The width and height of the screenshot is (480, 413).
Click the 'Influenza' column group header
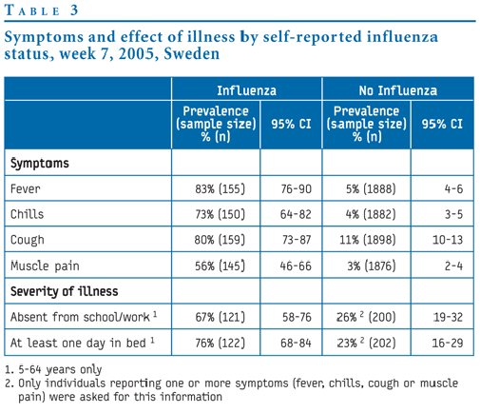[246, 90]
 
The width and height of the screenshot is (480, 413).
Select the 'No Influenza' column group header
[398, 90]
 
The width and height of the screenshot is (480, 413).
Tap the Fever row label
[26, 189]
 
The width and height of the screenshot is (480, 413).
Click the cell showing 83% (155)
[220, 189]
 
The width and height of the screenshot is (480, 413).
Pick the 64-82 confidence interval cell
[296, 214]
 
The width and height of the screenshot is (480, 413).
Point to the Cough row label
[28, 240]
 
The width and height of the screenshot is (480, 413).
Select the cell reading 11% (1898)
[368, 240]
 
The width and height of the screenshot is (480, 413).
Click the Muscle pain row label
[45, 265]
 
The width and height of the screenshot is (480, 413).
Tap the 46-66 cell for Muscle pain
[296, 265]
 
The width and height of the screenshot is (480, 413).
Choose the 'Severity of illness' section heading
[65, 291]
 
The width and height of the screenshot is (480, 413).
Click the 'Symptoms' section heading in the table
[40, 164]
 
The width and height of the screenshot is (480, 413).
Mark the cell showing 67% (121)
[220, 317]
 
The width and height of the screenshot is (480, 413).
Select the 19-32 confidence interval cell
[448, 317]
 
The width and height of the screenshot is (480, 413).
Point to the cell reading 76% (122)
[220, 343]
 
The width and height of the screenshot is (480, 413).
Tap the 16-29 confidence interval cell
[448, 343]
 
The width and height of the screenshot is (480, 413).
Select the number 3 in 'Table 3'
[74, 10]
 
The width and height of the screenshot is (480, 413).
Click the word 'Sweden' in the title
[192, 53]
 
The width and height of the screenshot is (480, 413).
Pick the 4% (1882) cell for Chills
[371, 214]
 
